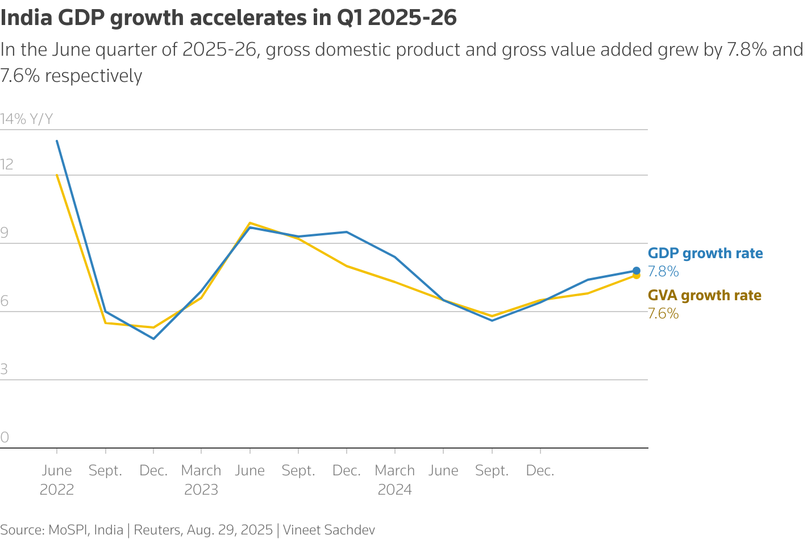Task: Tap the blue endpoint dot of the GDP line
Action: tap(637, 271)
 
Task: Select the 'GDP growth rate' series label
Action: tap(705, 254)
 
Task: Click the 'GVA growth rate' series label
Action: tap(705, 296)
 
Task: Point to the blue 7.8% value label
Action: tap(663, 272)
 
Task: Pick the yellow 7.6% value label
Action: tap(663, 314)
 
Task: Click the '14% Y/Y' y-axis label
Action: tap(27, 119)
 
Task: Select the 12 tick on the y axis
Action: tap(7, 165)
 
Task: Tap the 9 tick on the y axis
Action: tap(5, 233)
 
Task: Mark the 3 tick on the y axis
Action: tap(5, 370)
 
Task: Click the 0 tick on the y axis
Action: tap(5, 438)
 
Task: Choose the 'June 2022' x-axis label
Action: tap(57, 480)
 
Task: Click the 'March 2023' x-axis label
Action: tap(201, 480)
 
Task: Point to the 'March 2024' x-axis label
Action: tap(395, 480)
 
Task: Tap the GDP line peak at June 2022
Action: tap(57, 141)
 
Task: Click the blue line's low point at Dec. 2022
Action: tap(153, 339)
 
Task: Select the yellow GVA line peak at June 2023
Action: tap(250, 223)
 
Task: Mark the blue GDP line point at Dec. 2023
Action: tap(347, 232)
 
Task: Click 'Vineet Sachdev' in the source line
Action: tap(329, 530)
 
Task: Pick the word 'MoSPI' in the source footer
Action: tap(68, 530)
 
